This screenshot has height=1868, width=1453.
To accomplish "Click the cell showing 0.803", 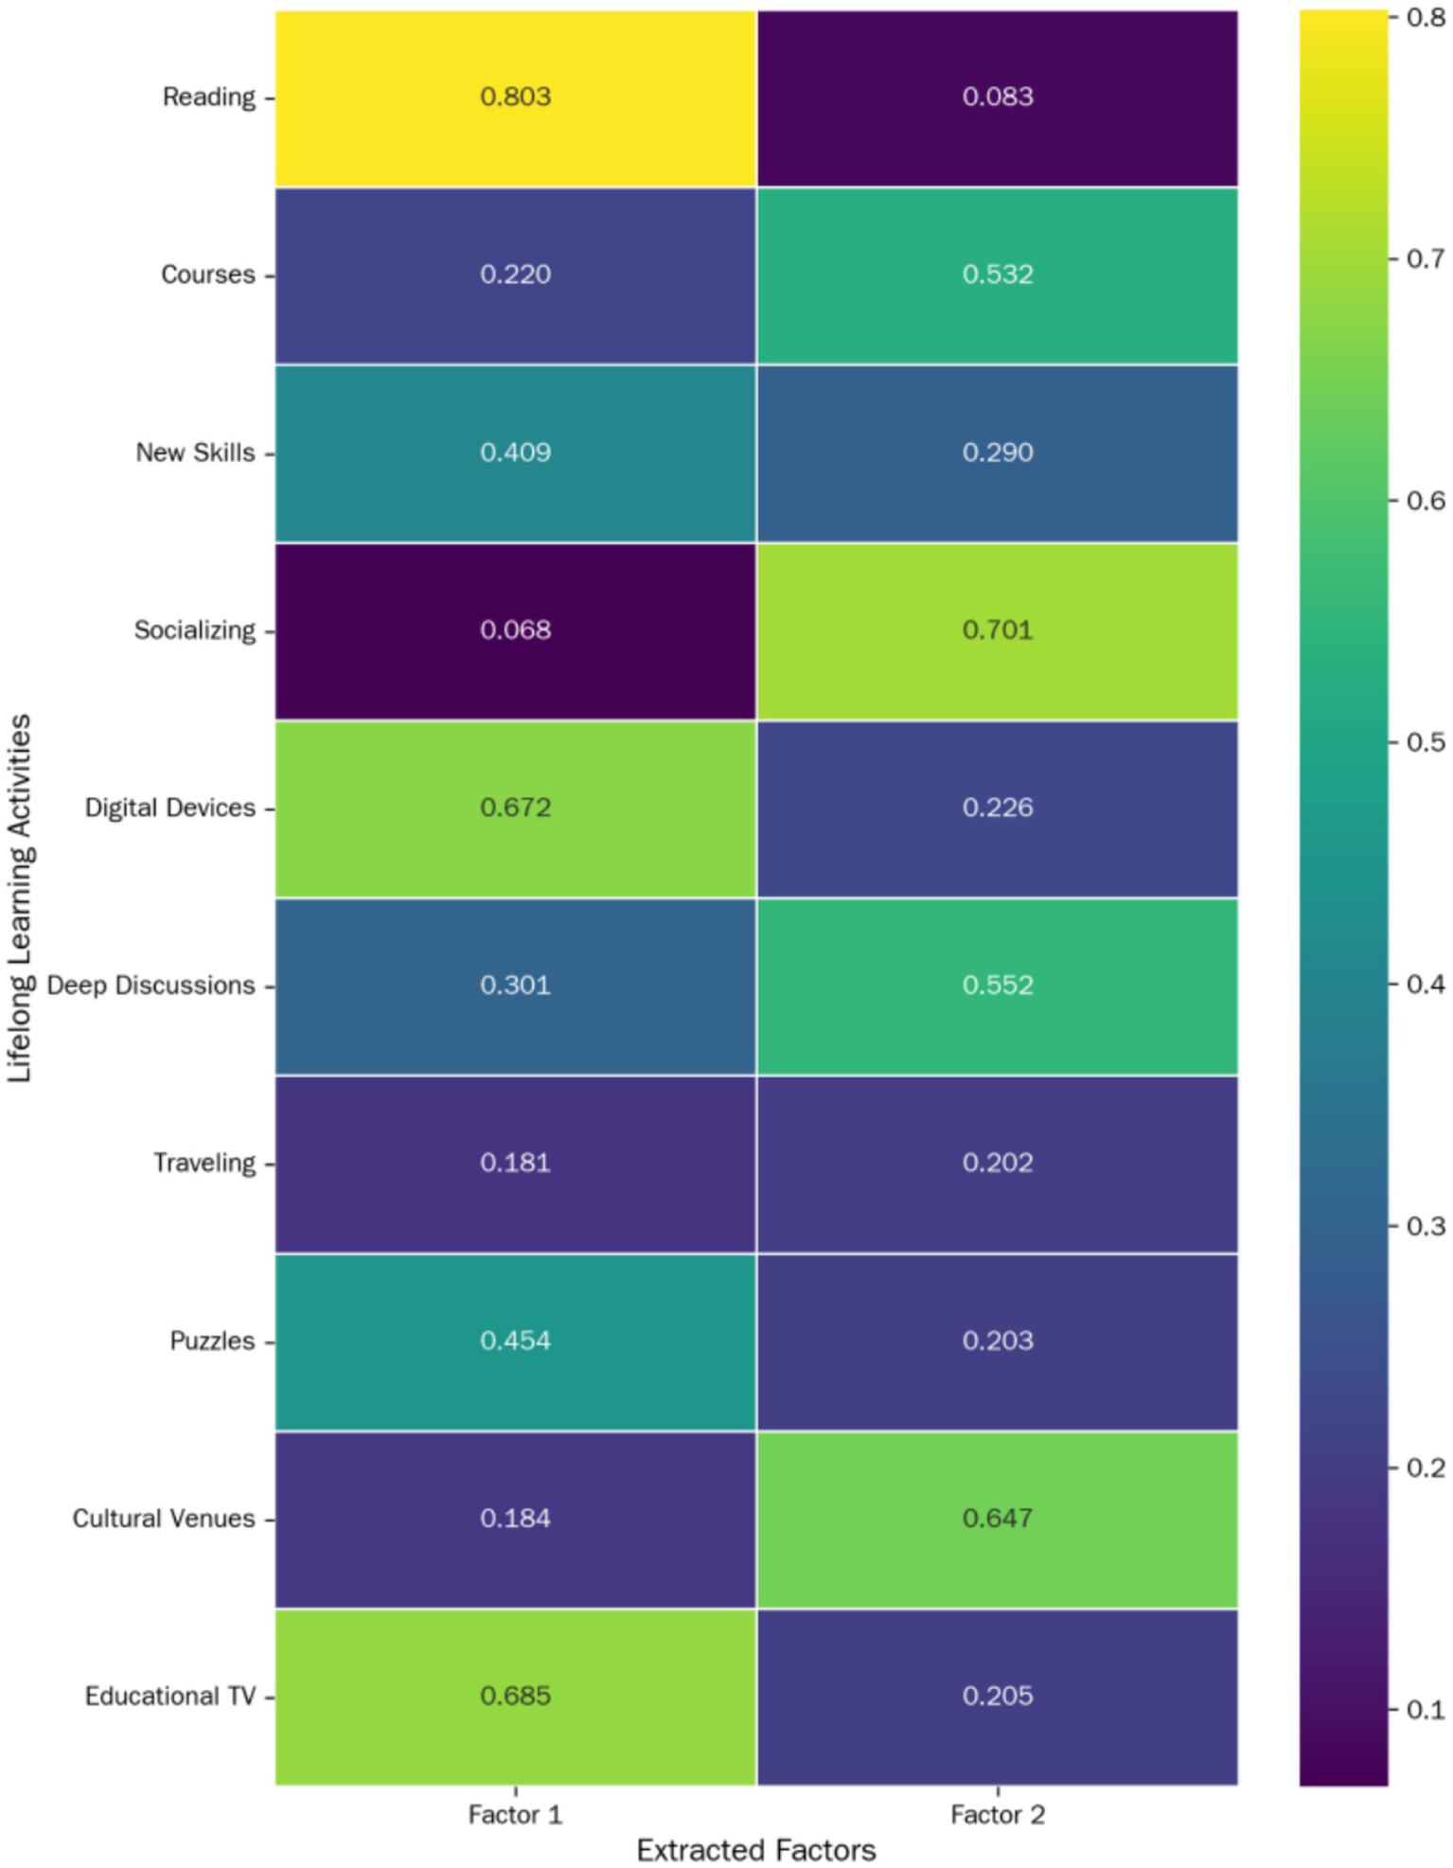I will [x=515, y=97].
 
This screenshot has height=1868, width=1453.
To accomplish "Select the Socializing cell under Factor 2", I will [x=997, y=630].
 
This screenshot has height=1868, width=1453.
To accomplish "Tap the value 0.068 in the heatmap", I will [x=515, y=630].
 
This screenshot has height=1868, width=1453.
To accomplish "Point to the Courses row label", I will [x=208, y=275].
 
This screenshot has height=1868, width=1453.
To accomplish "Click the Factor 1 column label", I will [x=515, y=1814].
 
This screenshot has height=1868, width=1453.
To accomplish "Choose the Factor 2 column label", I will [x=997, y=1814].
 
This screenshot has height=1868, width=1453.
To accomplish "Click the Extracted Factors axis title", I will [x=755, y=1849].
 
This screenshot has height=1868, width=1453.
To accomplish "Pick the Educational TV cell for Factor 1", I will [x=515, y=1695].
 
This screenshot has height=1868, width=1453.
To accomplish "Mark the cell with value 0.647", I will [x=997, y=1518].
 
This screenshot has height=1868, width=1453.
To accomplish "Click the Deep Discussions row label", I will [x=151, y=986].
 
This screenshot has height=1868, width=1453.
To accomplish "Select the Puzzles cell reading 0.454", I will [x=515, y=1341].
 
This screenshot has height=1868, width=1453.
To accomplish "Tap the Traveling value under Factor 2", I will [x=997, y=1163].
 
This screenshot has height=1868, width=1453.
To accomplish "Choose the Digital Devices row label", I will [x=170, y=808].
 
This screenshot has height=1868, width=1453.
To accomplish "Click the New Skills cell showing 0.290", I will [x=997, y=453].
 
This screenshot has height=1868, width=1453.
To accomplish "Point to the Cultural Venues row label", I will [x=164, y=1518].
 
